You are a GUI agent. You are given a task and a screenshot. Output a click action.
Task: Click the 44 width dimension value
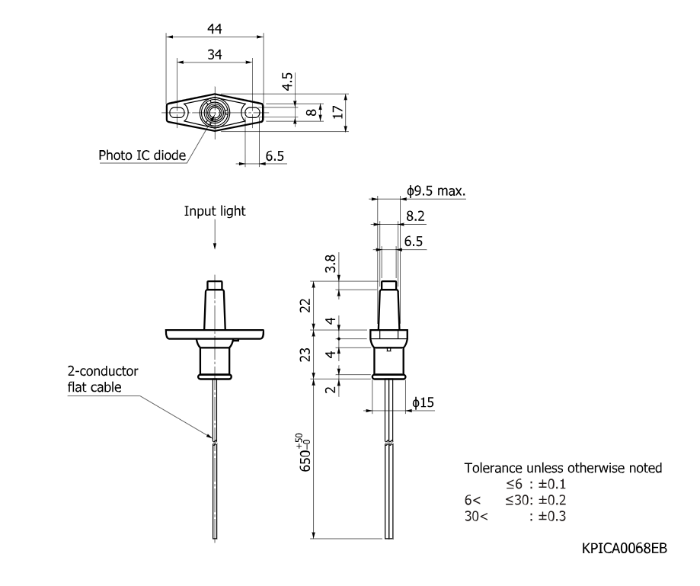click(x=215, y=29)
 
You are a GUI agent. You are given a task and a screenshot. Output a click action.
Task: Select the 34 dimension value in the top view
click(x=215, y=55)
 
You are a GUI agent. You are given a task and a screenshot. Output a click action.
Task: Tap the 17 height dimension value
click(x=338, y=111)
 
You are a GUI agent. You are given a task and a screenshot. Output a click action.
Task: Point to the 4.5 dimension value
click(x=287, y=82)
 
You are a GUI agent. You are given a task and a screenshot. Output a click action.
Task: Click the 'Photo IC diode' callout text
click(x=142, y=155)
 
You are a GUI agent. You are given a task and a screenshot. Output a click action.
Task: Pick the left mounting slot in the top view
click(x=177, y=113)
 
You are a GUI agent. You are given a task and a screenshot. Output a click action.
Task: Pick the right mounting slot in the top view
click(x=253, y=113)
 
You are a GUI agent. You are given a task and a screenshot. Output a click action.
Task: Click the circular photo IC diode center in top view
click(x=215, y=113)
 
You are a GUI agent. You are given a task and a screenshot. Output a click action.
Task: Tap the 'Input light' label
click(x=215, y=211)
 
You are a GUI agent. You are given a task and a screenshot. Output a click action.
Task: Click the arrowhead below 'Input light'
click(x=215, y=245)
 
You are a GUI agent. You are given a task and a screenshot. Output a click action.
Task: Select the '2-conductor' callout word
click(x=103, y=371)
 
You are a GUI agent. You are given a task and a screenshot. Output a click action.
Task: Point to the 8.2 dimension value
click(x=415, y=216)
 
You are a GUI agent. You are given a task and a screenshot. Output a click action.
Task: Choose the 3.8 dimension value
click(x=331, y=264)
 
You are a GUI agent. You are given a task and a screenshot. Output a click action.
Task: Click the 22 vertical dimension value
click(x=305, y=306)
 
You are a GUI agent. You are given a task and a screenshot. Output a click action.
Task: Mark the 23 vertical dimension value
click(x=305, y=355)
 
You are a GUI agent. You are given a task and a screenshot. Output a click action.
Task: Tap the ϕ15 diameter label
click(x=423, y=403)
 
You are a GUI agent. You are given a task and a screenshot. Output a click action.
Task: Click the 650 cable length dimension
click(x=305, y=453)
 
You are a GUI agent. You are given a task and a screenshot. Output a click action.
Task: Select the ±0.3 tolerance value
click(x=551, y=517)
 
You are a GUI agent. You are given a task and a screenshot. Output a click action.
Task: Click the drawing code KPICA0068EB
click(x=625, y=548)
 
